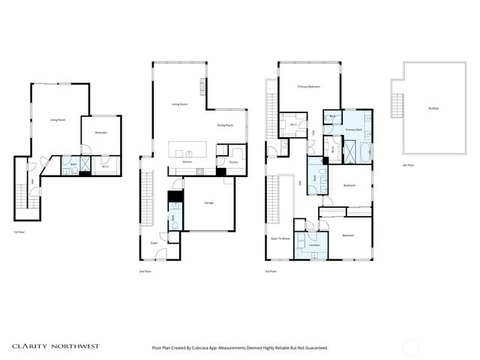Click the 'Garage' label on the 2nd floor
(210, 202)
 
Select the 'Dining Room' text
(225, 125)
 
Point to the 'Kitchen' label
(188, 162)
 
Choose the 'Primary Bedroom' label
(308, 87)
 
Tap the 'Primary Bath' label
(354, 130)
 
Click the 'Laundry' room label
(313, 244)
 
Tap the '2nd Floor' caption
(145, 271)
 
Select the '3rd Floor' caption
(271, 271)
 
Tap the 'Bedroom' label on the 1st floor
(100, 133)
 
